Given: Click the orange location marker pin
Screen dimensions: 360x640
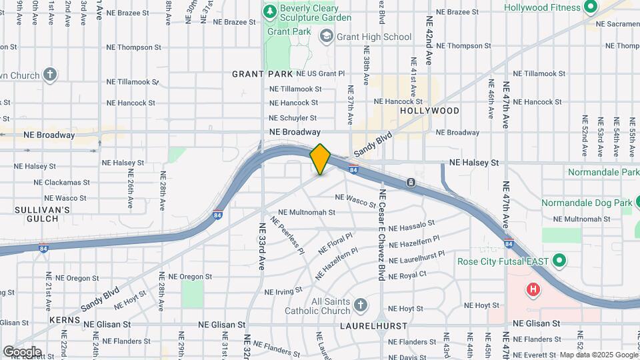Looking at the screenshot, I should pyautogui.click(x=320, y=159).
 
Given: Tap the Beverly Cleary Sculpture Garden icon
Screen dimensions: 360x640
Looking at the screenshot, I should pyautogui.click(x=269, y=11).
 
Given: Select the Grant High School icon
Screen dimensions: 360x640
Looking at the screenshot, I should pyautogui.click(x=327, y=35).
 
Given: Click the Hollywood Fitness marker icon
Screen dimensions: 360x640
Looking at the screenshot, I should pyautogui.click(x=589, y=7).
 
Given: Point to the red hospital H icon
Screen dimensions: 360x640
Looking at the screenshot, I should pyautogui.click(x=533, y=290).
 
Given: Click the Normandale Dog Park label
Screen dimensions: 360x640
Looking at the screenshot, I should pyautogui.click(x=586, y=203).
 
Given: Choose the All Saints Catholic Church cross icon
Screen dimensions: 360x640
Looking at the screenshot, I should pyautogui.click(x=360, y=305).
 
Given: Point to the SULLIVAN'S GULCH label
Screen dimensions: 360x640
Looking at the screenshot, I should pyautogui.click(x=42, y=214).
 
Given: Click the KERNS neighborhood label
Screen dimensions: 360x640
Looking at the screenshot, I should pyautogui.click(x=65, y=320).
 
